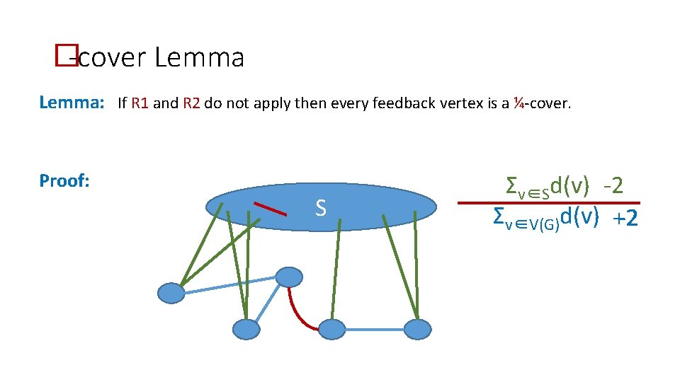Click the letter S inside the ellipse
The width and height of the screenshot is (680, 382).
pyautogui.click(x=321, y=208)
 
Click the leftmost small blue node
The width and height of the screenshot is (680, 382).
pyautogui.click(x=171, y=292)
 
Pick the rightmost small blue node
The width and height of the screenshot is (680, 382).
pyautogui.click(x=417, y=329)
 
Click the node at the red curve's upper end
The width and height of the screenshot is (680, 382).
pyautogui.click(x=289, y=277)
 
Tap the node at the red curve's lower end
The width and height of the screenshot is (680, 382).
pyautogui.click(x=331, y=329)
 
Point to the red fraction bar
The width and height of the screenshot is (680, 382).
pyautogui.click(x=548, y=203)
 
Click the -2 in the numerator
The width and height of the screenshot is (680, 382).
pyautogui.click(x=613, y=186)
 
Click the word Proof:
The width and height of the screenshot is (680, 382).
pyautogui.click(x=64, y=181)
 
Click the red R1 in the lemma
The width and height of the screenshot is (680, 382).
pyautogui.click(x=140, y=103)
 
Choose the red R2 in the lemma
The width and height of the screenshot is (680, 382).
pyautogui.click(x=191, y=103)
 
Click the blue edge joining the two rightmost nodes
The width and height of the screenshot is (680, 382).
pyautogui.click(x=375, y=329)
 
